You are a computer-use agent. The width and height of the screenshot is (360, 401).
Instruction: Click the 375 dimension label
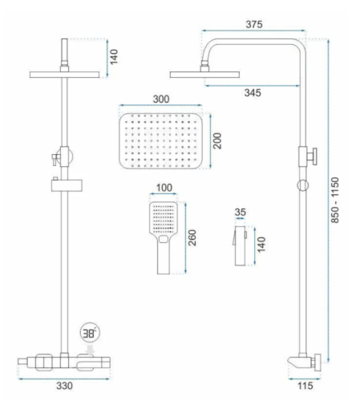pyautogui.click(x=254, y=24)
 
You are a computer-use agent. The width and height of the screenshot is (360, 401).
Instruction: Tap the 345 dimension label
pyautogui.click(x=253, y=93)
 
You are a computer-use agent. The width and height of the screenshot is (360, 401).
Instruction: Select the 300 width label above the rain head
pyautogui.click(x=161, y=99)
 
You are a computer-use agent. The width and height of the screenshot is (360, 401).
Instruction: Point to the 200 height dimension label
pyautogui.click(x=217, y=141)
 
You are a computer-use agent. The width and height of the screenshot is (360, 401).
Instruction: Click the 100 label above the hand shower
pyautogui.click(x=164, y=188)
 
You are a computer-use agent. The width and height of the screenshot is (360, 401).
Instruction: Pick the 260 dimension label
pyautogui.click(x=192, y=237)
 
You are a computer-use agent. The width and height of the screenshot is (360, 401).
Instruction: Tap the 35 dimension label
pyautogui.click(x=240, y=213)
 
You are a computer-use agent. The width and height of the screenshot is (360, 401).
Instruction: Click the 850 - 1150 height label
pyautogui.click(x=335, y=200)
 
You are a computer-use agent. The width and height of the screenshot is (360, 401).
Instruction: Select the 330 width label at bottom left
pyautogui.click(x=64, y=386)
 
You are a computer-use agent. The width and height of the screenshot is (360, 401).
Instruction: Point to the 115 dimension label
pyautogui.click(x=305, y=386)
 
